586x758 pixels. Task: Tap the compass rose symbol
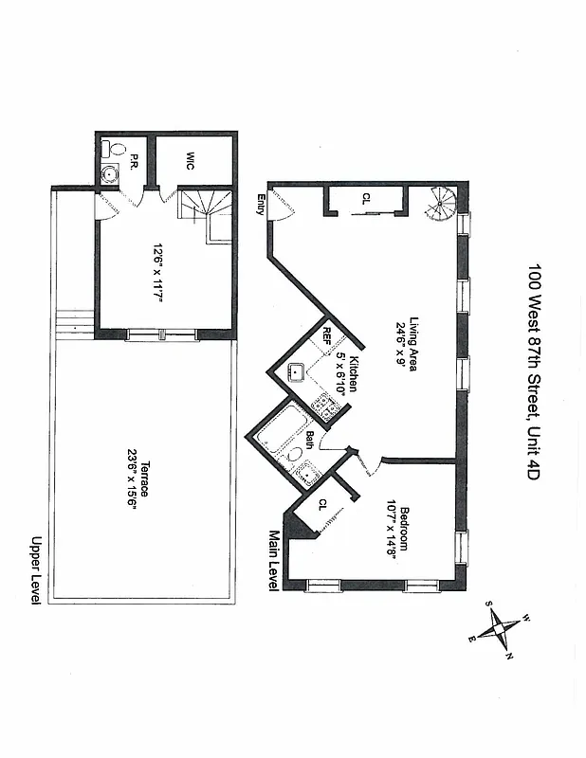501,629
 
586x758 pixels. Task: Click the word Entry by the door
260,205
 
